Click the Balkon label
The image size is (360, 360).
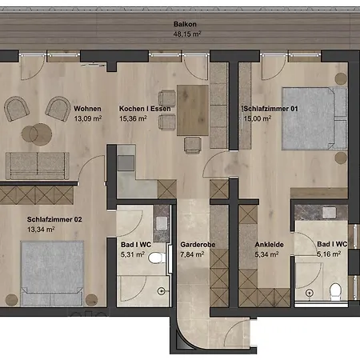185,24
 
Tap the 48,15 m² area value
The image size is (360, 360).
187,34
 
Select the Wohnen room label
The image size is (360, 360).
87,109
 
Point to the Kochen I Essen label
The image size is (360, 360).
145,109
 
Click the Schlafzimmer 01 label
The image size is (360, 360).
270,109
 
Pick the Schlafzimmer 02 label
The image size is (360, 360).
54,219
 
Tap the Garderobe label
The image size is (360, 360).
198,245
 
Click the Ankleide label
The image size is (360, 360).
269,245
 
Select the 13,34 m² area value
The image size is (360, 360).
41,230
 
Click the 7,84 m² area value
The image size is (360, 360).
192,254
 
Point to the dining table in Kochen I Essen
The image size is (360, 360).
193,110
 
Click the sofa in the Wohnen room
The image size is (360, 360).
38,166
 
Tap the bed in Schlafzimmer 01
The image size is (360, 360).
314,118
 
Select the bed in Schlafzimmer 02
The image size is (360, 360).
52,274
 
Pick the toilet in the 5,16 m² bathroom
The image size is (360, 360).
335,291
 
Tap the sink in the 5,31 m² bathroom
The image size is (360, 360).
162,223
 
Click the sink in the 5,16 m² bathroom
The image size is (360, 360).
330,213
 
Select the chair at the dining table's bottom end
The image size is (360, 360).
192,145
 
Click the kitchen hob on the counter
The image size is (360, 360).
126,163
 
